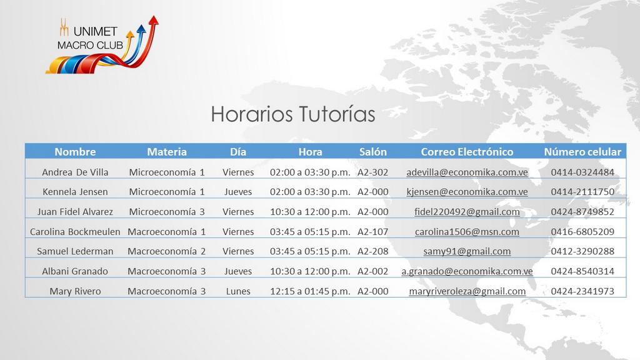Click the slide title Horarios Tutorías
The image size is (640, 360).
[x=292, y=114]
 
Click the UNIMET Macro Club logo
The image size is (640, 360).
[x=102, y=45]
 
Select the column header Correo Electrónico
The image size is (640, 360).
[x=467, y=152]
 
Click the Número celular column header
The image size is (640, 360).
[x=582, y=152]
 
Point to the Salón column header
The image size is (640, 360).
[x=372, y=152]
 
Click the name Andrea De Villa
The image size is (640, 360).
[x=75, y=172]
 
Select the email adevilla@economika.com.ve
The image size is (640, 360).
[x=467, y=172]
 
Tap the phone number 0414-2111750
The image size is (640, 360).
[x=582, y=192]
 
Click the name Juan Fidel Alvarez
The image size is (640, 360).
[x=75, y=212]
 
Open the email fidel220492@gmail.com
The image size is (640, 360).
[x=467, y=212]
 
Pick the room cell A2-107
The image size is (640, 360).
[x=372, y=231]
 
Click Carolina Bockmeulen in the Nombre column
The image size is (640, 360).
[x=75, y=231]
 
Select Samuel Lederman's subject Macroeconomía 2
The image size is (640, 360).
[x=166, y=251]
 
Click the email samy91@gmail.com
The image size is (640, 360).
[x=467, y=251]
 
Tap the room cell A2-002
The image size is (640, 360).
[x=372, y=271]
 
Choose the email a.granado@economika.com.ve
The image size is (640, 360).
[x=467, y=271]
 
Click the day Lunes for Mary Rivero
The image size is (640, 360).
[x=238, y=291]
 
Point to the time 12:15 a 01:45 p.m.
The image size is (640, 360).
[x=310, y=291]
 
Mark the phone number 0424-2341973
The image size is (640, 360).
[x=582, y=291]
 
